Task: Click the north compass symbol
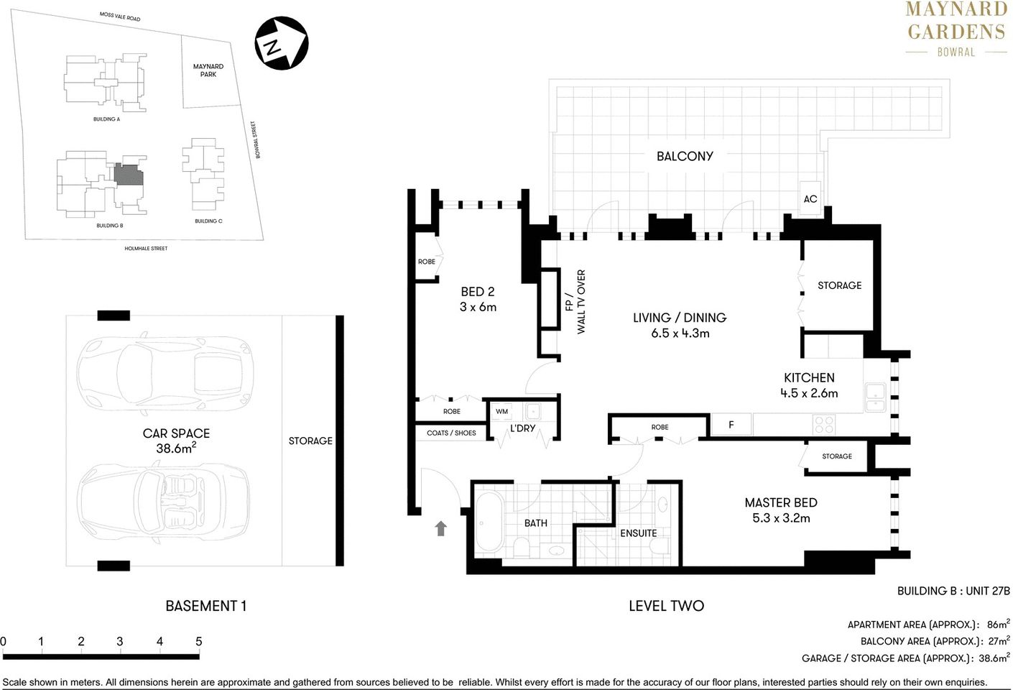[282, 44]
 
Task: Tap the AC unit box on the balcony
[810, 198]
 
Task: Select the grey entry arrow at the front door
[440, 528]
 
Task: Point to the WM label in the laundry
[502, 412]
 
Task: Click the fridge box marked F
[731, 425]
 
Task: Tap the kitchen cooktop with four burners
[823, 424]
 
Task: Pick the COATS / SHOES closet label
[451, 433]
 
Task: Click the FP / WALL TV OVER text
[575, 302]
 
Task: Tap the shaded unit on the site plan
[129, 175]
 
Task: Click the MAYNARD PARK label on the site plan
[208, 70]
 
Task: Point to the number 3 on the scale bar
[120, 641]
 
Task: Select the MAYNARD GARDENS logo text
[956, 22]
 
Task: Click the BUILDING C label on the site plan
[208, 221]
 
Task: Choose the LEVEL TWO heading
[666, 606]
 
